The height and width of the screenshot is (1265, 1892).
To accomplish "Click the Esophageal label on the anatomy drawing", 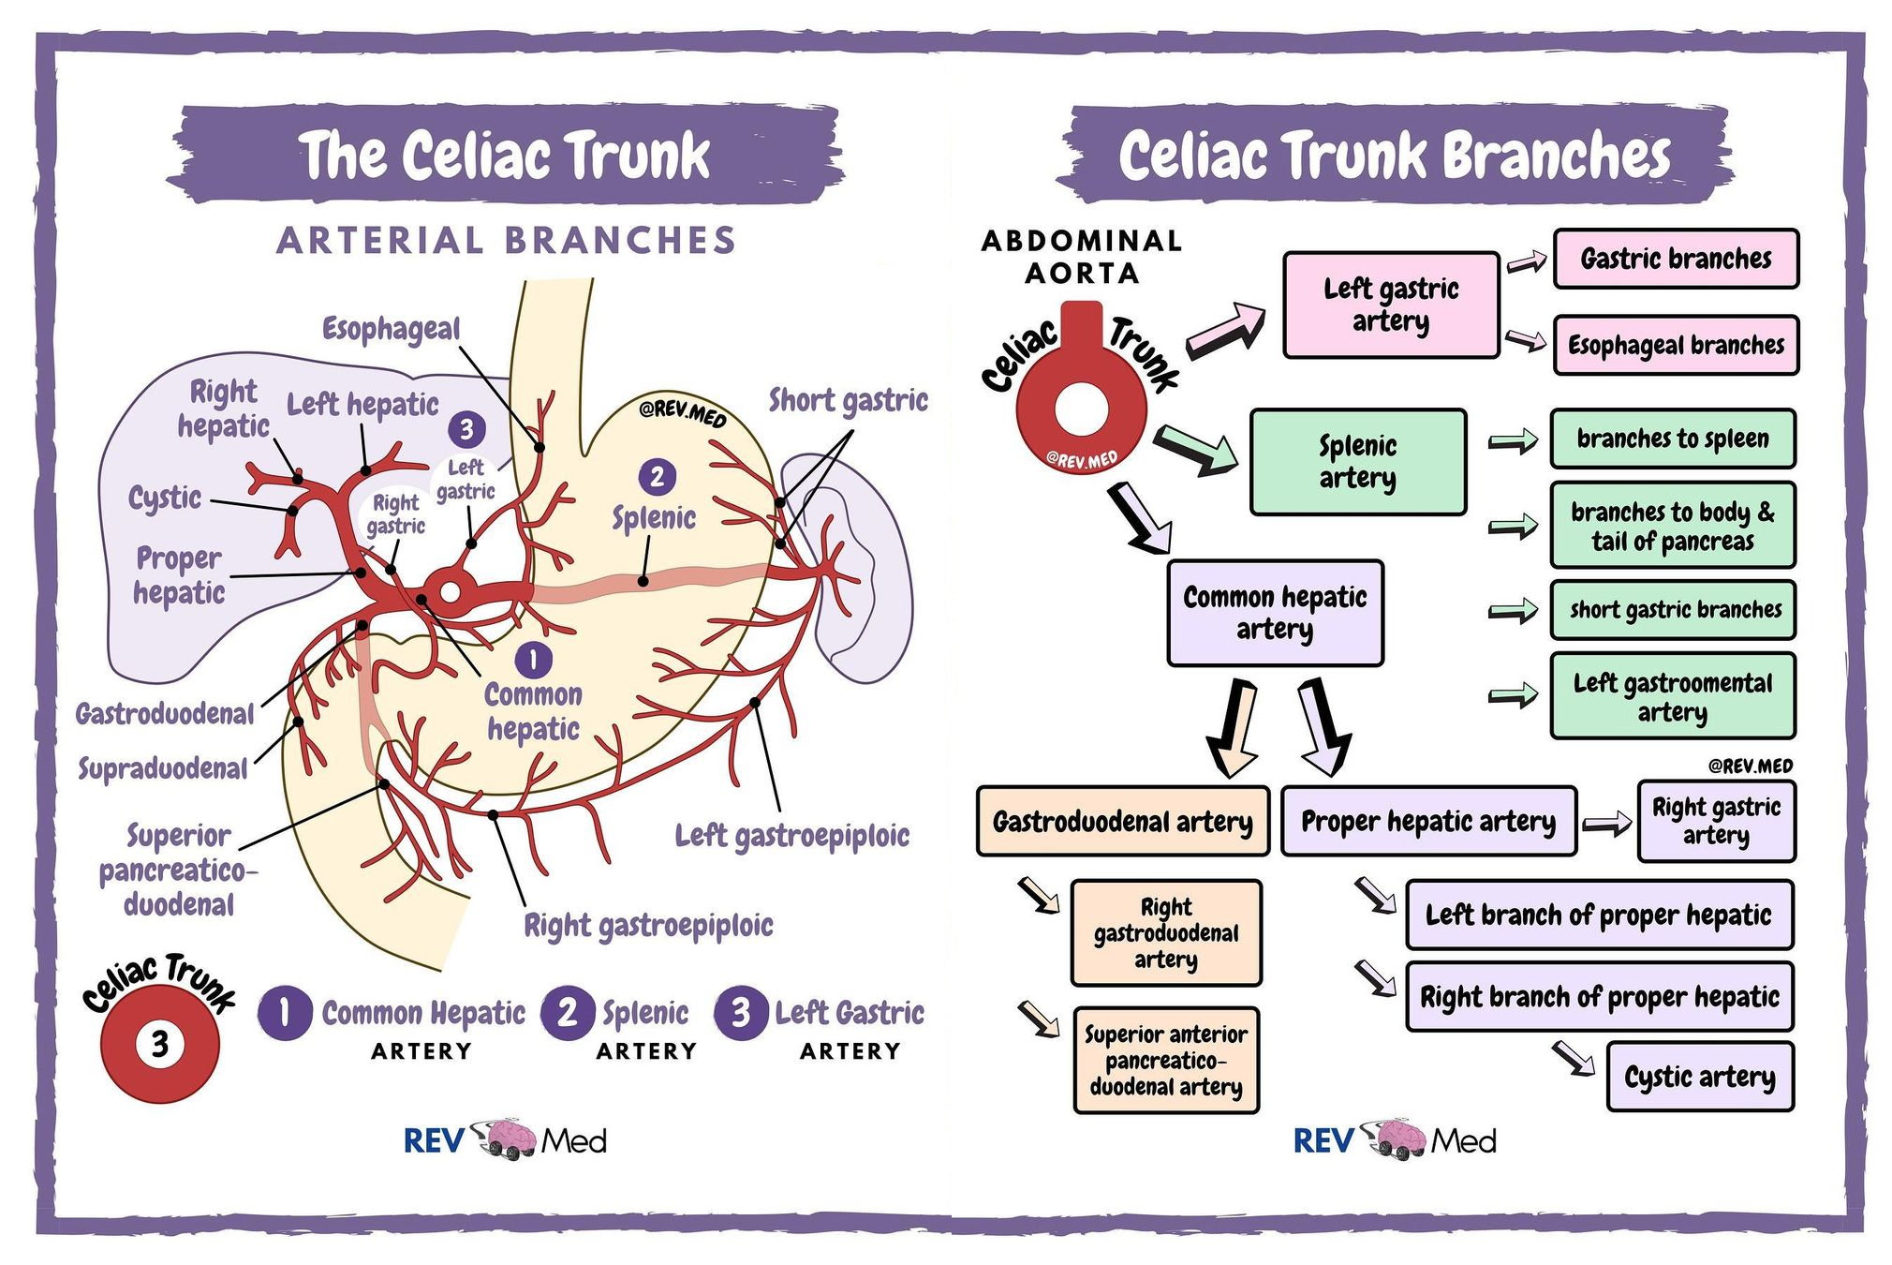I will [391, 329].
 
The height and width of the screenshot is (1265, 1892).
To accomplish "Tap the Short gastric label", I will [848, 400].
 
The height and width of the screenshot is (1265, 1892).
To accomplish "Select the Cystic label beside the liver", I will [165, 498].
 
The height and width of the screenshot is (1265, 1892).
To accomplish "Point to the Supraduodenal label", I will [162, 769].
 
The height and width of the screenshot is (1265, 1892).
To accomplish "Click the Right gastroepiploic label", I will [648, 926].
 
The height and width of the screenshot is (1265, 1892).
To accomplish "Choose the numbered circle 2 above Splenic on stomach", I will [657, 477].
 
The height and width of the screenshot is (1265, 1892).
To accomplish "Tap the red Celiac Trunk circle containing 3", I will [160, 1043].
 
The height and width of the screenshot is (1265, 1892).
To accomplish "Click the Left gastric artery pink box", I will [1391, 305].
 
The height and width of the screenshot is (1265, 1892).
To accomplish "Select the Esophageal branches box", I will [1676, 345].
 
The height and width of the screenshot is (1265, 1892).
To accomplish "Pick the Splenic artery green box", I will [1357, 462].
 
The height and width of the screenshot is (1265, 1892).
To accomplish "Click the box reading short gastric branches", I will [1673, 610].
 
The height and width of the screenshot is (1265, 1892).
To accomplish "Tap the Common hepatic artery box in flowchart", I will [1275, 613].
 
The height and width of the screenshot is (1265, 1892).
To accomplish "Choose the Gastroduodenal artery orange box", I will [1122, 822].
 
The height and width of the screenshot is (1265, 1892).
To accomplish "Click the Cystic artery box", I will [1699, 1077].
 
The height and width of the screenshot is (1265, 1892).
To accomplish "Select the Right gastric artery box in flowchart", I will [1716, 821].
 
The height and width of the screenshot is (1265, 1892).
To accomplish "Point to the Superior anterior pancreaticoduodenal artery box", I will [1165, 1061].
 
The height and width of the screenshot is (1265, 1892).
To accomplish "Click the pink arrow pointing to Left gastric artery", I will [1226, 331].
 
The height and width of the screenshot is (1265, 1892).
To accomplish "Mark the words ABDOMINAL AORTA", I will [1082, 257].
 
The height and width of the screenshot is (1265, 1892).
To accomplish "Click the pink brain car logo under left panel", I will [507, 1138].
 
